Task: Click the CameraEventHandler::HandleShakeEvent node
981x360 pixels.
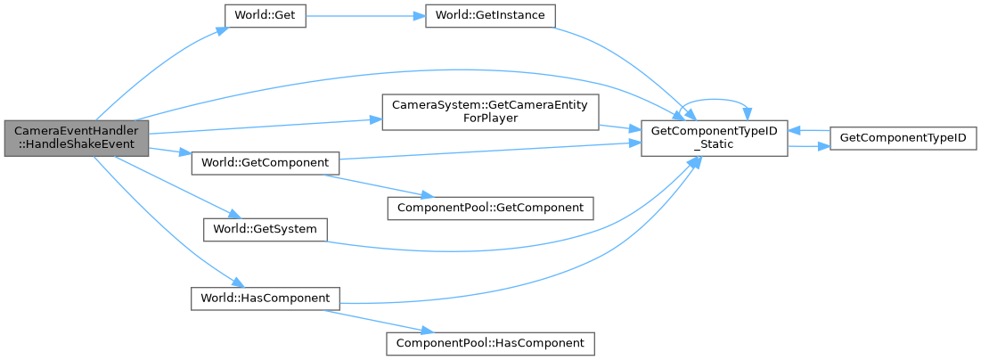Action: [75, 137]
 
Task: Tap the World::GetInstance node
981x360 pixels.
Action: [491, 17]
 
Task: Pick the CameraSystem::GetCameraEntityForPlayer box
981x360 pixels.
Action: [490, 111]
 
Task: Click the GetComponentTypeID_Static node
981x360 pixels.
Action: [715, 137]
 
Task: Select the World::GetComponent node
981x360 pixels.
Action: [266, 163]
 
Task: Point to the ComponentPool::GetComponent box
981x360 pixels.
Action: [489, 208]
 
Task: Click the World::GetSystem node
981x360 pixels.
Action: [264, 229]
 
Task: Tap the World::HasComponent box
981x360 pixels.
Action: [266, 297]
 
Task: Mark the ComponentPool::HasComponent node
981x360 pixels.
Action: [489, 341]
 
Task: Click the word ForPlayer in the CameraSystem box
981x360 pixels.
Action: [490, 119]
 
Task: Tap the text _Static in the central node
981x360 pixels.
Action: [715, 144]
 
